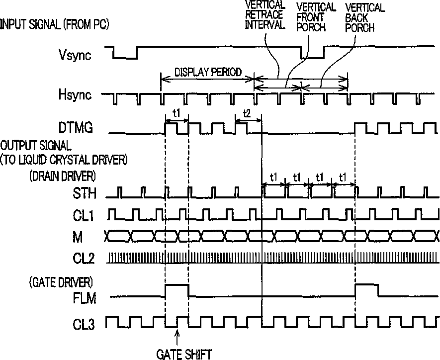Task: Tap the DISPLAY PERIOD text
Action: coord(208,73)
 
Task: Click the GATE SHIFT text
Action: coord(184,354)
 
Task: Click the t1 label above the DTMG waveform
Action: coord(176,113)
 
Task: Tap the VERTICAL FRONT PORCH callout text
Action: coord(316,17)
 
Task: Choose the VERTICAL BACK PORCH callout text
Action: coord(364,17)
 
